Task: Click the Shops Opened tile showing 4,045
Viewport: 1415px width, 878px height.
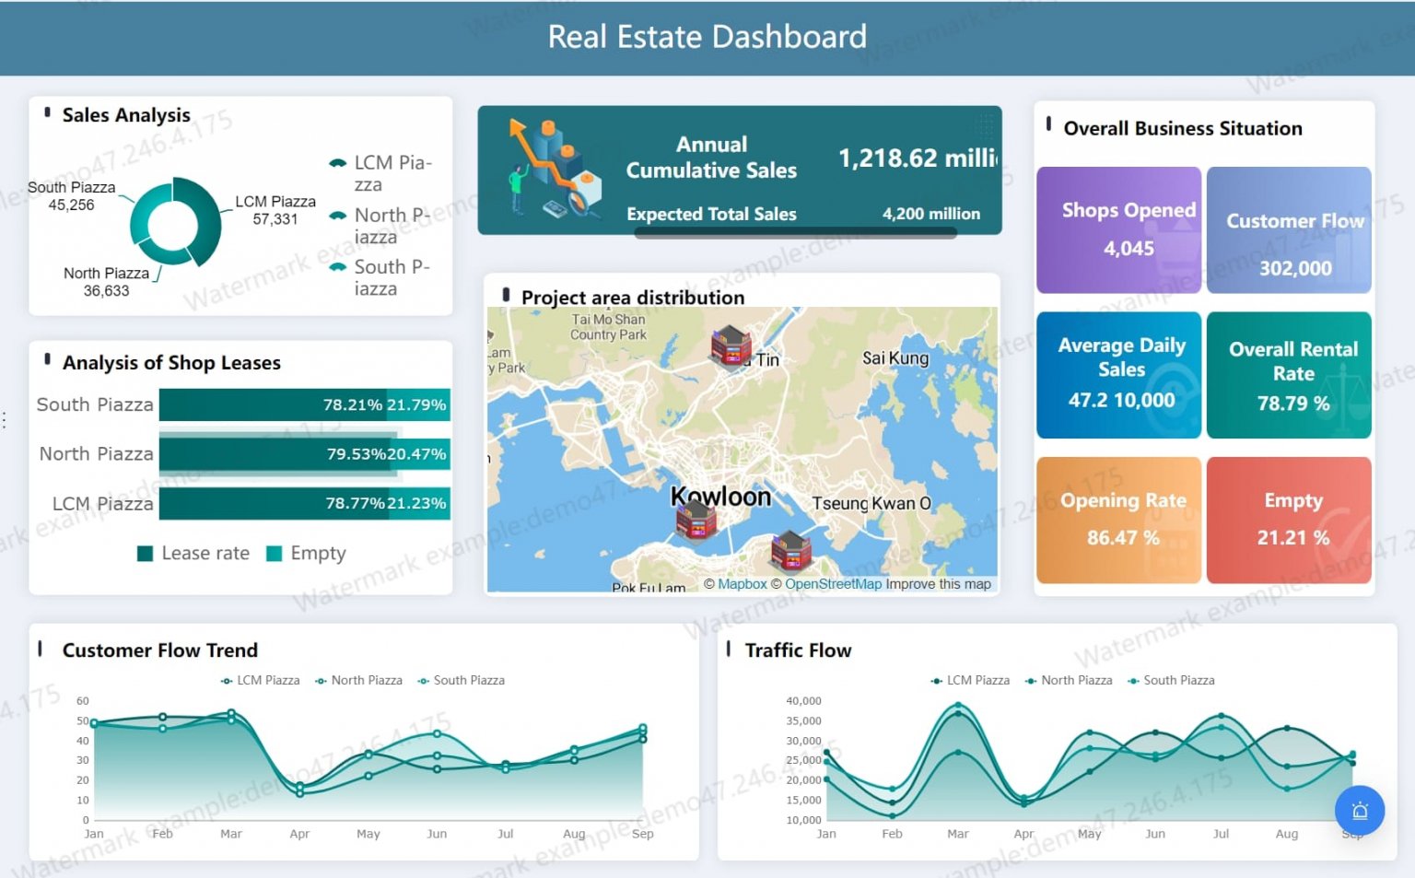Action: [1118, 230]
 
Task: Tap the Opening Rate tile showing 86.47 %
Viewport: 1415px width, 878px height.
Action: [1118, 521]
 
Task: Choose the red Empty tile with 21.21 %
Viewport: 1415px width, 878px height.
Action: [1289, 521]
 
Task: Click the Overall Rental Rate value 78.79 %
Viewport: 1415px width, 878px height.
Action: [1292, 404]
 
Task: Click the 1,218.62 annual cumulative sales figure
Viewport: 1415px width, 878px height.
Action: [917, 158]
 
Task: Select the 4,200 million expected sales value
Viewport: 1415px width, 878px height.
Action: [930, 214]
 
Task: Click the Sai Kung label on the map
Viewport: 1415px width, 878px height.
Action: [895, 358]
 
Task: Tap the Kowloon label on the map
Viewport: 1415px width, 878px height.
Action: [720, 498]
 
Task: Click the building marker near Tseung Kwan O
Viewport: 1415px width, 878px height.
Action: [790, 551]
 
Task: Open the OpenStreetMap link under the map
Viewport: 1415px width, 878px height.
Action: [833, 584]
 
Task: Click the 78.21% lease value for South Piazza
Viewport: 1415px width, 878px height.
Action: [352, 405]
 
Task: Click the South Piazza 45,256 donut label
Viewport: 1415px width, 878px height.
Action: [71, 196]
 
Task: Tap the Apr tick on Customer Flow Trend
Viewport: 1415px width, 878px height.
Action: [299, 834]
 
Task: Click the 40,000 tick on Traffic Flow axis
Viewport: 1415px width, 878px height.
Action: [802, 701]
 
